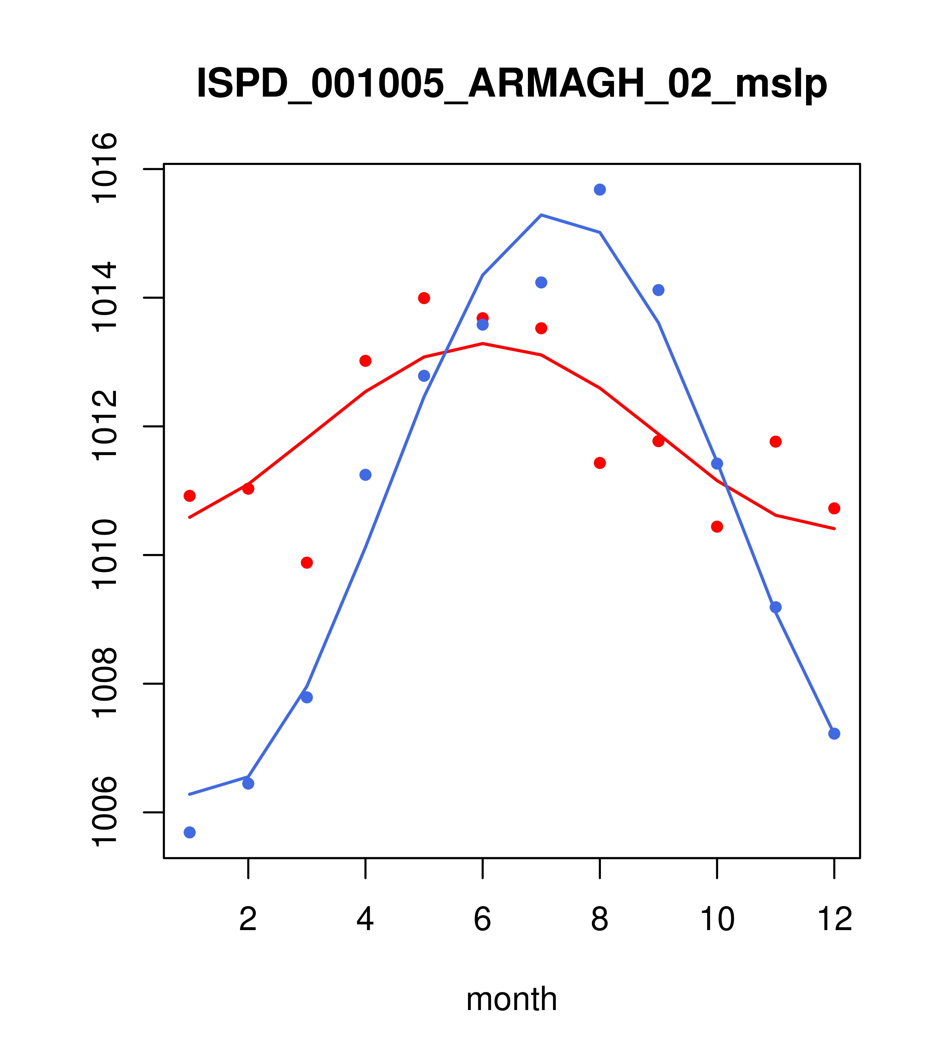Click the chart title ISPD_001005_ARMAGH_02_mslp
512,84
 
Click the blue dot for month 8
600,190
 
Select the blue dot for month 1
190,832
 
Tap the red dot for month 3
307,563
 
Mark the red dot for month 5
424,298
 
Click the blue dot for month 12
834,734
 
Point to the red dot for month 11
776,442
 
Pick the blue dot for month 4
366,475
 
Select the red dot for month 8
600,463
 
